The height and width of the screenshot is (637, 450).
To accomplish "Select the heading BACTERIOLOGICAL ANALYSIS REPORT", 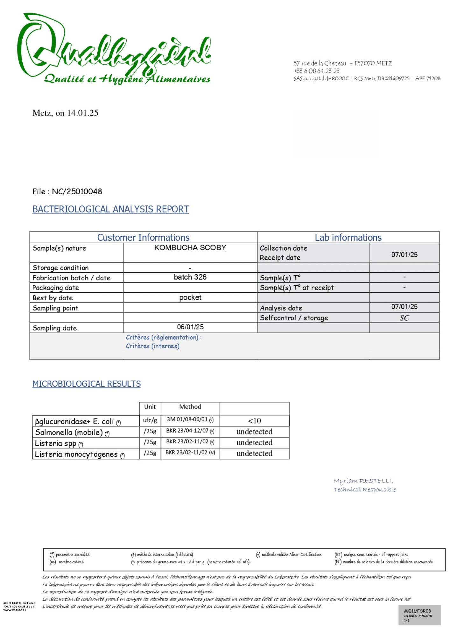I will pyautogui.click(x=111, y=209).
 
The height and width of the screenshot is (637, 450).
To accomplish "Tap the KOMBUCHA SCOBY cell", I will pyautogui.click(x=190, y=248).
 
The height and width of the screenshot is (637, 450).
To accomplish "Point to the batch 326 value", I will pyautogui.click(x=190, y=277).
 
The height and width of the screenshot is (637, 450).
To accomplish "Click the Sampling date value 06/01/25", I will pyautogui.click(x=190, y=327).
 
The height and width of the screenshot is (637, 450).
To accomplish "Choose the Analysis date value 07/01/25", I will pyautogui.click(x=404, y=307).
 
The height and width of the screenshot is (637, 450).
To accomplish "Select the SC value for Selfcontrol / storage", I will pyautogui.click(x=404, y=318).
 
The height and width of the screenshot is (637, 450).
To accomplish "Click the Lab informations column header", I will pyautogui.click(x=348, y=238).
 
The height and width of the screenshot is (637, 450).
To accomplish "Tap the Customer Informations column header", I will pyautogui.click(x=143, y=238).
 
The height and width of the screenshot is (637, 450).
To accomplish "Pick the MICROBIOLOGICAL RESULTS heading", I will pyautogui.click(x=87, y=384).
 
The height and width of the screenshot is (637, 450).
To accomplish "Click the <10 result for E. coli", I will pyautogui.click(x=254, y=421).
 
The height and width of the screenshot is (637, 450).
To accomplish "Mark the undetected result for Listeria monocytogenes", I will pyautogui.click(x=254, y=453).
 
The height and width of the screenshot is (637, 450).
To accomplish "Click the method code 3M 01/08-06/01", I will pyautogui.click(x=187, y=419).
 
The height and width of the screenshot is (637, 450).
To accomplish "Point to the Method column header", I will pyautogui.click(x=190, y=407).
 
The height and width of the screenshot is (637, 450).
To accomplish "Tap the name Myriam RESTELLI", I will pyautogui.click(x=363, y=481).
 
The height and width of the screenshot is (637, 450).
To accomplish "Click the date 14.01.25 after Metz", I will pyautogui.click(x=83, y=113).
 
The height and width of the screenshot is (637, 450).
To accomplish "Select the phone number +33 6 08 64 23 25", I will pyautogui.click(x=316, y=71).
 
